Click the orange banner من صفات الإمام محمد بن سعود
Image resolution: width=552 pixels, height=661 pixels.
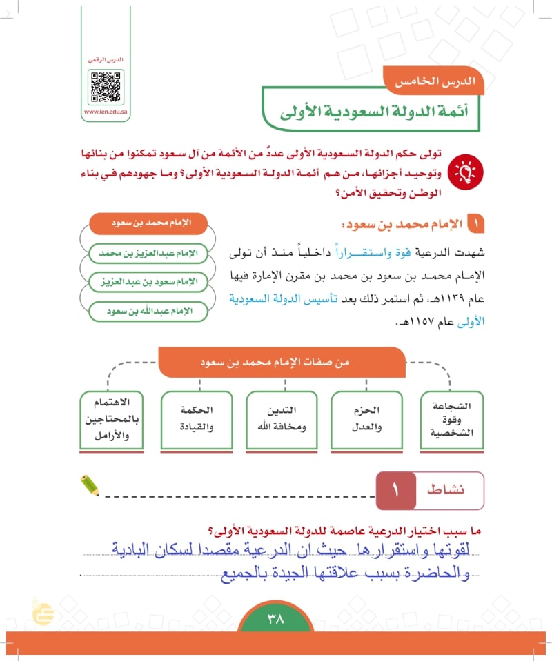(x=282, y=361)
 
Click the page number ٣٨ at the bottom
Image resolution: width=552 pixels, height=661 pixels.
(x=275, y=619)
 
